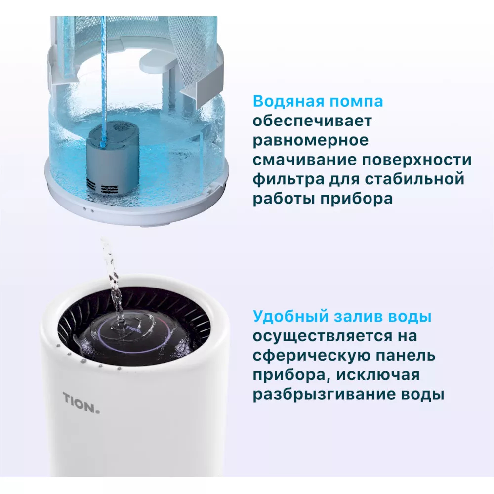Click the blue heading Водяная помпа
[318, 102]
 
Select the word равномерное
[311, 140]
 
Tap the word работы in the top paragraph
[284, 199]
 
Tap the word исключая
[377, 375]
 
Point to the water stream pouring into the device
[112, 277]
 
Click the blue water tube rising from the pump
[103, 74]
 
